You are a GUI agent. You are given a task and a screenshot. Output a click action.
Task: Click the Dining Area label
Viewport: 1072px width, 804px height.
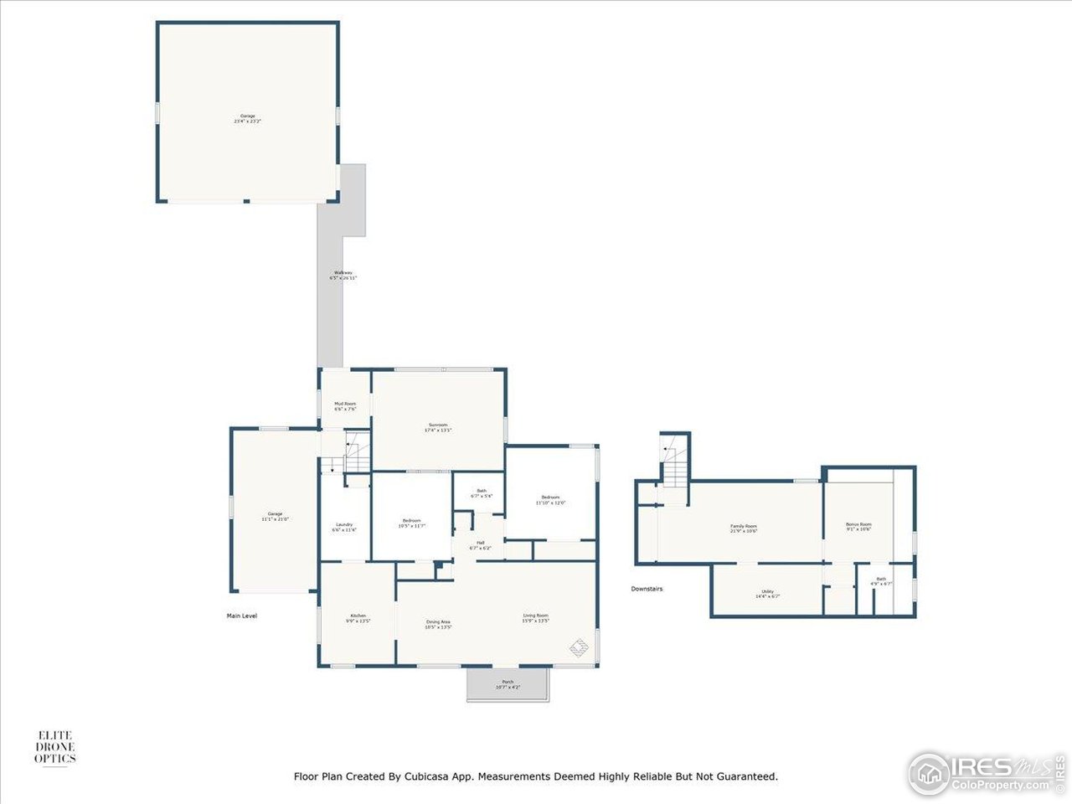tap(438, 624)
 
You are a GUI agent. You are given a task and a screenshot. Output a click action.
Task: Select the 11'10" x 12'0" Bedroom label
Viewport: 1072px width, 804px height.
tap(550, 500)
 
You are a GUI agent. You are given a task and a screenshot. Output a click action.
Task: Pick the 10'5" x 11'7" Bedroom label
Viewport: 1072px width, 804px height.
tap(411, 523)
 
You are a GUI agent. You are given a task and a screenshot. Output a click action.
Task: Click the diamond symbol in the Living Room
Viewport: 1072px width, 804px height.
tap(579, 647)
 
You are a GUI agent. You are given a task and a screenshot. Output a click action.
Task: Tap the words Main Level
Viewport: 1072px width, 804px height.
tap(242, 616)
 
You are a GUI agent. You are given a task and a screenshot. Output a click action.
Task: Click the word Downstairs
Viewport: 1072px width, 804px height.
tap(647, 589)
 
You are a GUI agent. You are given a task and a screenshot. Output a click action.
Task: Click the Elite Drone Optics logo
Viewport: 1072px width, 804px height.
tap(55, 747)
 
